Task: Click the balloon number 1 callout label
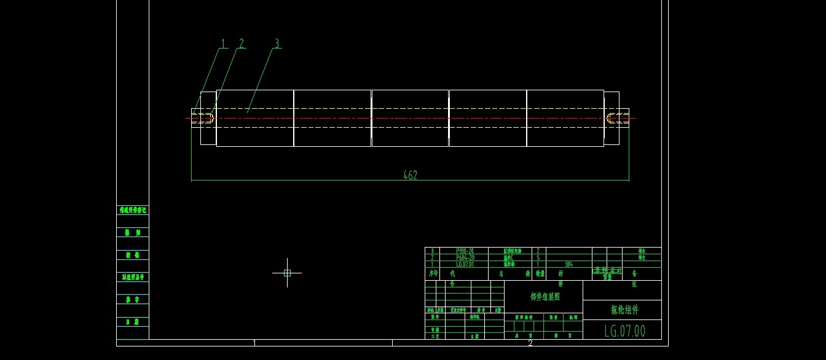point(224,44)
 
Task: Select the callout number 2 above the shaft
point(242,44)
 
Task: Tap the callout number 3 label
point(277,44)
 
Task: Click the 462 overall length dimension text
point(410,176)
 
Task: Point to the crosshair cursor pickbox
point(287,273)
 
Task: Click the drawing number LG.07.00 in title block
point(625,331)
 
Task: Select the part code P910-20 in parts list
point(465,251)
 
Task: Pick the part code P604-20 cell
point(465,257)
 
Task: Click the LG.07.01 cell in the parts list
point(465,264)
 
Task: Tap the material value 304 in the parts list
point(568,264)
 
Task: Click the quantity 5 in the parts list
point(538,257)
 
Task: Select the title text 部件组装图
point(545,296)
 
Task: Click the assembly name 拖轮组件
point(624,310)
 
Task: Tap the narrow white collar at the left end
point(208,118)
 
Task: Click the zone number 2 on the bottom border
point(530,343)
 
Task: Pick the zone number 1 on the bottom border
point(254,343)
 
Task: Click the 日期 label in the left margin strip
point(132,322)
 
